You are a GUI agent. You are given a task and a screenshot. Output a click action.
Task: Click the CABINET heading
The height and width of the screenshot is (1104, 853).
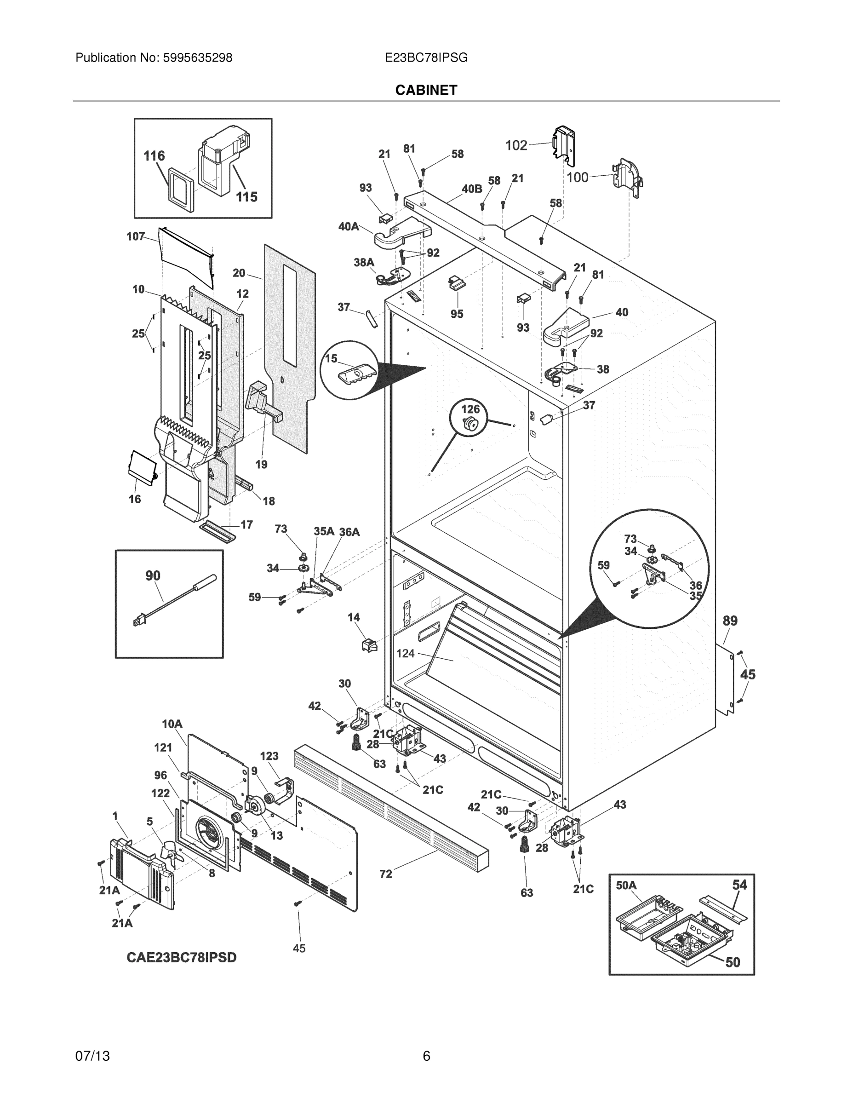pos(426,90)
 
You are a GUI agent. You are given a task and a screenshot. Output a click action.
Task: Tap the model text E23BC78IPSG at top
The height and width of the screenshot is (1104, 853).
pos(426,57)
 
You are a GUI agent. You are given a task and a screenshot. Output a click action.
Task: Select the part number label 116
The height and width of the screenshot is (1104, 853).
pos(154,155)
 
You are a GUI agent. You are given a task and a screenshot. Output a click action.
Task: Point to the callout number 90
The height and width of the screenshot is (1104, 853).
pos(153,575)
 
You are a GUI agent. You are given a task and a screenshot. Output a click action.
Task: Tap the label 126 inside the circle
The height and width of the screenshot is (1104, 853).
pos(470,409)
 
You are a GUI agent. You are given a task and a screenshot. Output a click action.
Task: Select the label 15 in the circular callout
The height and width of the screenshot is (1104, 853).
pos(331,358)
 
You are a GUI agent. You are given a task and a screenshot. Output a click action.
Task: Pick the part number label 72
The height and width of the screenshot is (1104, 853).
pos(385,874)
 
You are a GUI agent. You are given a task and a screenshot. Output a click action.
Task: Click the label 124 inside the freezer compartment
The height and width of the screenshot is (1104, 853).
pos(405,654)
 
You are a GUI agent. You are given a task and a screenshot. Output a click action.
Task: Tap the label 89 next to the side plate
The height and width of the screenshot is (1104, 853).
pos(730,621)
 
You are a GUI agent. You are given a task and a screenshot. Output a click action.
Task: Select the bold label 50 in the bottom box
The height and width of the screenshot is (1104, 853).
pos(733,962)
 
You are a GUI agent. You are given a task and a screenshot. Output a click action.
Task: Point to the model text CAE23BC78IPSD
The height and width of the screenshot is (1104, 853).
pos(182,957)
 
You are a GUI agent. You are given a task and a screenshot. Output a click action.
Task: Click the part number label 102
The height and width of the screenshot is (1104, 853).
pos(516,145)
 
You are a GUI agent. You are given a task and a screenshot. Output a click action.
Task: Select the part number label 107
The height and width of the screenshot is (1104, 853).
pos(136,236)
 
